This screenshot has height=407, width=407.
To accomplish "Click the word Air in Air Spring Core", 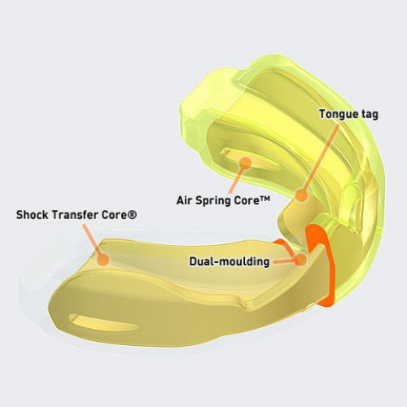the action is pyautogui.click(x=185, y=200).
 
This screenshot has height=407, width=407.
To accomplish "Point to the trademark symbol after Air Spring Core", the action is pyautogui.click(x=265, y=199).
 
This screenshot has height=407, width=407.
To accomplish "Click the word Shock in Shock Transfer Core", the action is pyautogui.click(x=33, y=215).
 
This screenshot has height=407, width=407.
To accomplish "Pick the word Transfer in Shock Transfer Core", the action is pyautogui.click(x=75, y=215).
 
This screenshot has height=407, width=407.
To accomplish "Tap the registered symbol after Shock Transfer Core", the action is pyautogui.click(x=132, y=215).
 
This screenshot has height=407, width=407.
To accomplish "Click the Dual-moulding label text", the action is pyautogui.click(x=230, y=261).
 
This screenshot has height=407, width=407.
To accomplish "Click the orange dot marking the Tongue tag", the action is pyautogui.click(x=301, y=195).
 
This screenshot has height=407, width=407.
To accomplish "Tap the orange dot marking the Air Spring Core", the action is pyautogui.click(x=246, y=162).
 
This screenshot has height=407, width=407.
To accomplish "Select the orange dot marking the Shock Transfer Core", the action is pyautogui.click(x=103, y=260).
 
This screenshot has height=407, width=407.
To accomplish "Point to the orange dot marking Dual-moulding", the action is pyautogui.click(x=301, y=260).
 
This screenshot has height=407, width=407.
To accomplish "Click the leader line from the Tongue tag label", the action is pyautogui.click(x=320, y=157).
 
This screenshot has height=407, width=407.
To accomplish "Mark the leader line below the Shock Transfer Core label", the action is pyautogui.click(x=92, y=239).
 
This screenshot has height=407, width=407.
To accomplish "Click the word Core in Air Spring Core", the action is pyautogui.click(x=244, y=201).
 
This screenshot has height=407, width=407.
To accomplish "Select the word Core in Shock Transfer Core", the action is pyautogui.click(x=114, y=215).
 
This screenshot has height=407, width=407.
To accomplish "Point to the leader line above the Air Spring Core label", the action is pyautogui.click(x=238, y=180).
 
